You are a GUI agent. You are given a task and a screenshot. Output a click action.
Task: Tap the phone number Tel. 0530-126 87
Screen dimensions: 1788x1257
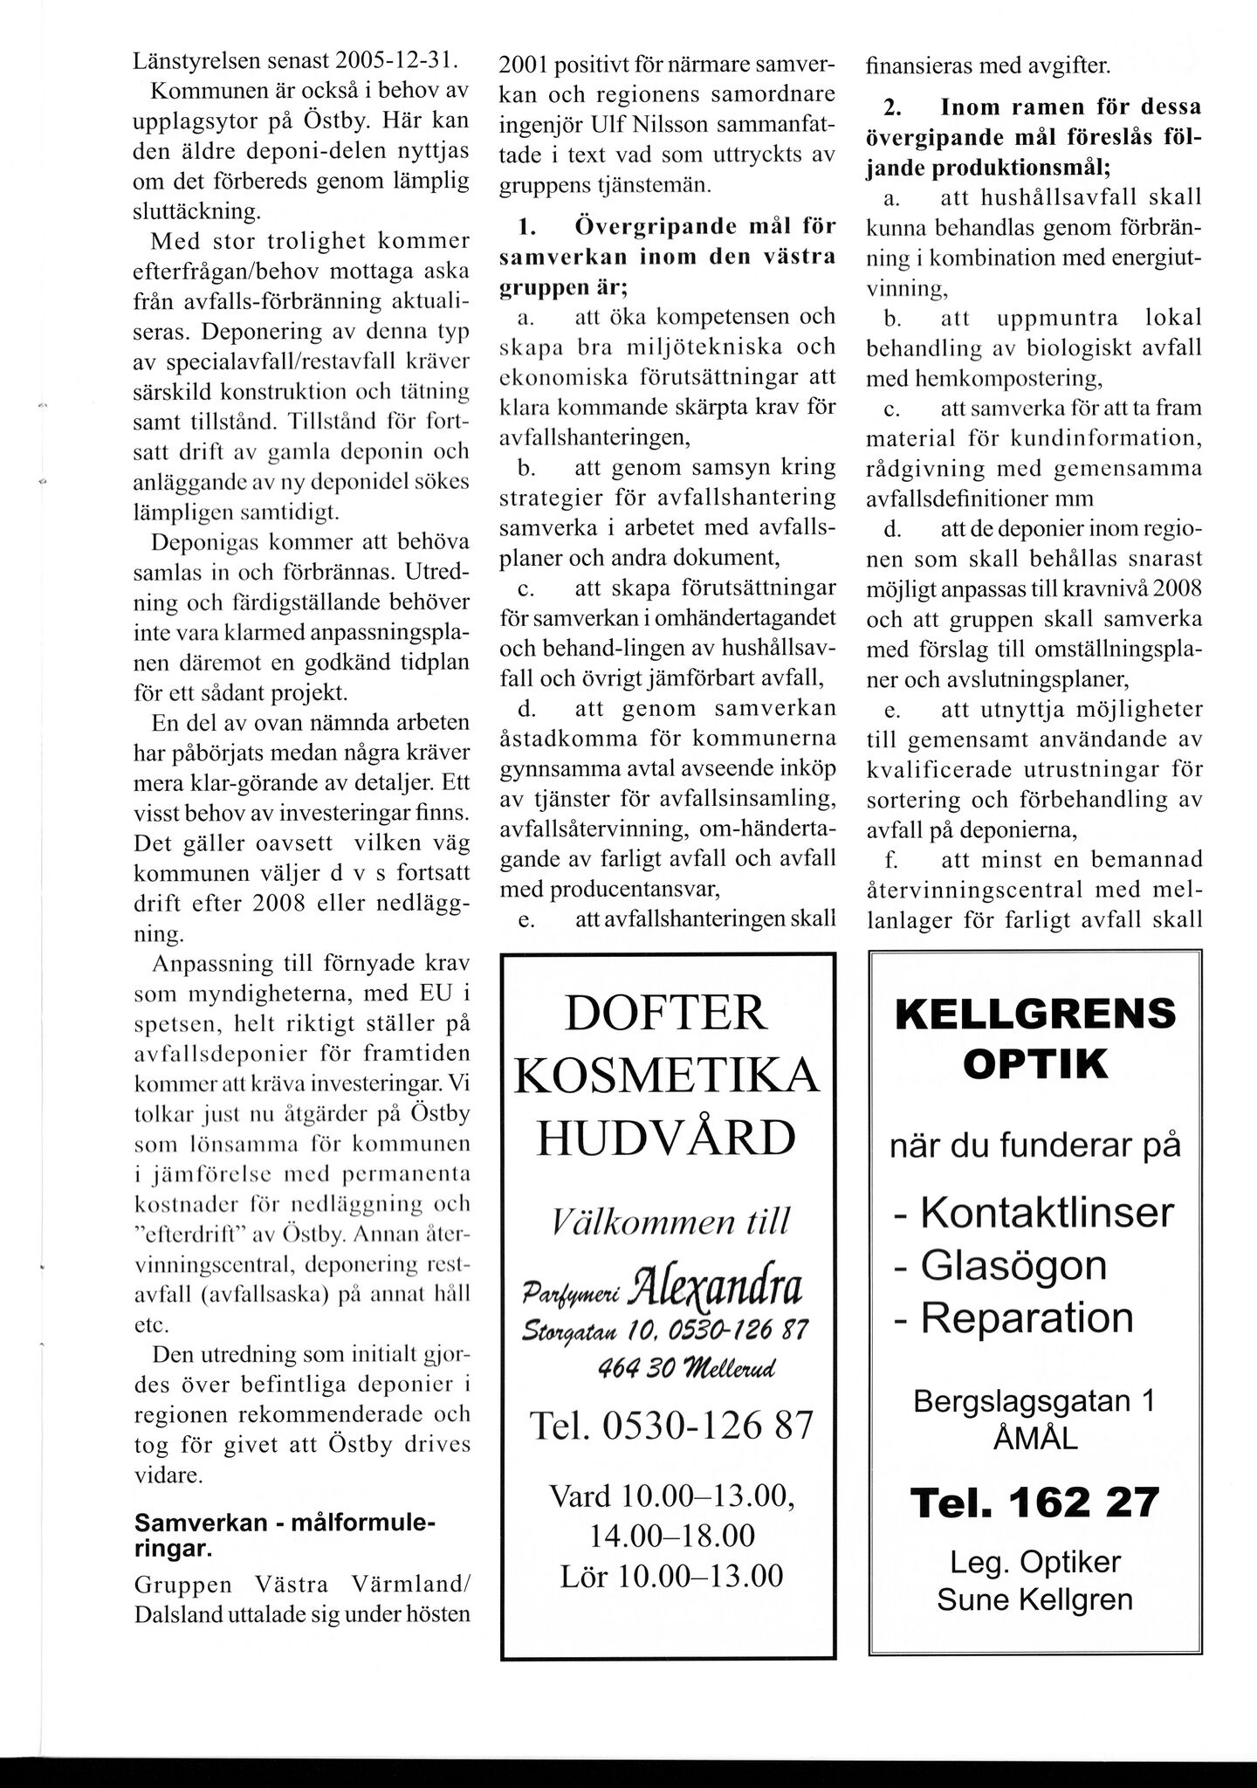pyautogui.click(x=671, y=1427)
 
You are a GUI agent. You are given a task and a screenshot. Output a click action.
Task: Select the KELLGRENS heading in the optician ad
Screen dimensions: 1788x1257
pyautogui.click(x=1035, y=1015)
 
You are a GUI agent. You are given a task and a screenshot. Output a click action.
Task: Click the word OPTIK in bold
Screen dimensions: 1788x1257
pyautogui.click(x=1035, y=1065)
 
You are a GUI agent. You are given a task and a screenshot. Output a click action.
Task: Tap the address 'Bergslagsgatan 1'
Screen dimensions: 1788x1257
pyautogui.click(x=1034, y=1401)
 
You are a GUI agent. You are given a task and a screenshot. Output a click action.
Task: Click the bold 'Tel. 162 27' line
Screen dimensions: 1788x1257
pyautogui.click(x=1035, y=1503)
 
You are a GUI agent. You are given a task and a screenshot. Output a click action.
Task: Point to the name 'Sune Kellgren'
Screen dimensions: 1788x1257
pyautogui.click(x=1035, y=1599)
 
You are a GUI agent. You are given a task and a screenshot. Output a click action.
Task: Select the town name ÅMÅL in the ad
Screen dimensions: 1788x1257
pyautogui.click(x=1035, y=1437)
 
